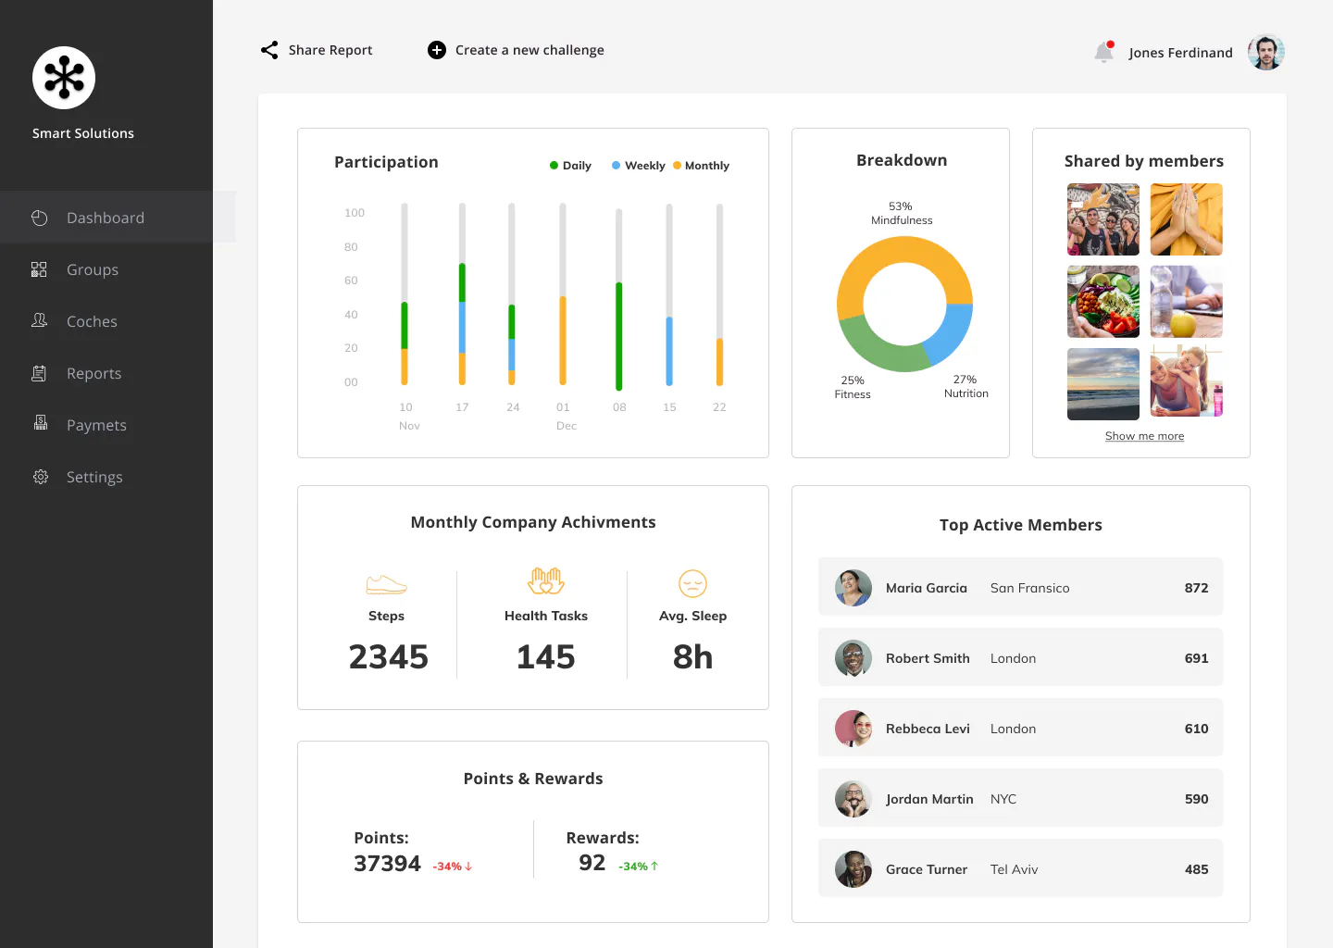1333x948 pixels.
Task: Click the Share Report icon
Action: click(269, 50)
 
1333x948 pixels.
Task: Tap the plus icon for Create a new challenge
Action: click(437, 50)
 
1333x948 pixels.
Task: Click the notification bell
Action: click(1103, 52)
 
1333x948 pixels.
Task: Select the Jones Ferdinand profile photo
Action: click(1265, 53)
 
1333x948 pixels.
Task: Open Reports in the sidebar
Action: click(94, 373)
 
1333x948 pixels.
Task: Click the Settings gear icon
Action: click(41, 477)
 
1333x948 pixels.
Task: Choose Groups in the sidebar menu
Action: click(93, 269)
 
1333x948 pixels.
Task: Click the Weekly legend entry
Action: click(639, 166)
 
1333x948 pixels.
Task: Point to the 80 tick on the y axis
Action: click(351, 247)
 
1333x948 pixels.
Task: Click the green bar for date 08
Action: click(619, 336)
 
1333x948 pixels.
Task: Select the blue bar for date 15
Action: click(669, 351)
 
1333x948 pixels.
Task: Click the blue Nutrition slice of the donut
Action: click(951, 333)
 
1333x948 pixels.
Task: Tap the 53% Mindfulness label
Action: click(902, 213)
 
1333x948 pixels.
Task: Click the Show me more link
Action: click(1144, 436)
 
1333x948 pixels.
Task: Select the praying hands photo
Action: click(1186, 219)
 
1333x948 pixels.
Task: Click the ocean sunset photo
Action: click(1103, 384)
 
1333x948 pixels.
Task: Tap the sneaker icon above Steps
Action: click(386, 584)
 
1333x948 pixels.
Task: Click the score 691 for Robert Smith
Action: click(1196, 658)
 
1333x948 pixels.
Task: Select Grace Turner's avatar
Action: click(853, 869)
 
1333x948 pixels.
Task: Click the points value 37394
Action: click(387, 864)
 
